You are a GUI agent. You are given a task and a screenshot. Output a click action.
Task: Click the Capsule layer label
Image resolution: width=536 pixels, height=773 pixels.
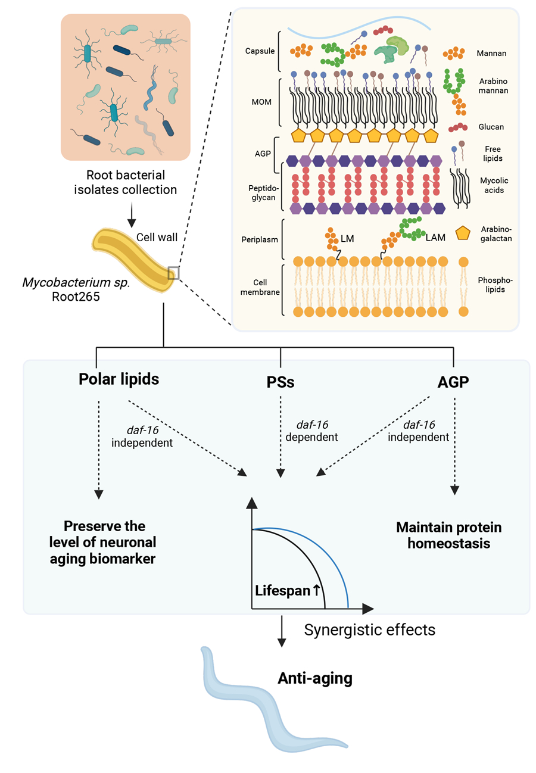click(260, 51)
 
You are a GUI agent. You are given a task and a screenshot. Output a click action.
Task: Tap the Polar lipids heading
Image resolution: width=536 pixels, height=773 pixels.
click(119, 379)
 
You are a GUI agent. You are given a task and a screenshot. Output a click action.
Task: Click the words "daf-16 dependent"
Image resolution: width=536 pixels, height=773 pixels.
click(312, 430)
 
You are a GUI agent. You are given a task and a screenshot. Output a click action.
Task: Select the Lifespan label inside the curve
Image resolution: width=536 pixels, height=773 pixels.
click(280, 591)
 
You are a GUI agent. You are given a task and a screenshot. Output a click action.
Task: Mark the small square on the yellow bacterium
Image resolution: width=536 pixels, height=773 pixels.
click(173, 273)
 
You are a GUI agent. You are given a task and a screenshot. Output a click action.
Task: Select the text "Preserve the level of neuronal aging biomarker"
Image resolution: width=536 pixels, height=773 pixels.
click(105, 541)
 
